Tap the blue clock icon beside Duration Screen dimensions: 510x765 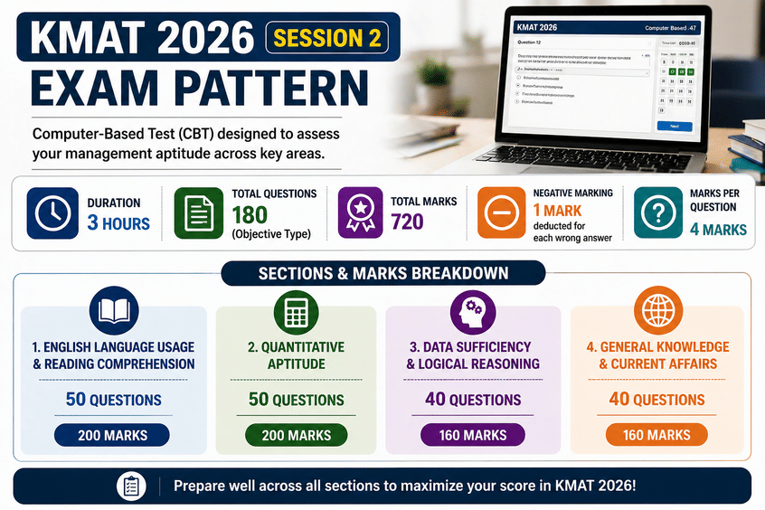(53, 212)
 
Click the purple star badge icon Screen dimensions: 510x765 (361, 212)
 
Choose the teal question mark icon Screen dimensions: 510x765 (657, 212)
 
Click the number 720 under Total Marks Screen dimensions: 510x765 (408, 221)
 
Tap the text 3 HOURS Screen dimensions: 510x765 (118, 222)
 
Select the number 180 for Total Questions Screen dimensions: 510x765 (250, 215)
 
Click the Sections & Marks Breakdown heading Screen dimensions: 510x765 (382, 273)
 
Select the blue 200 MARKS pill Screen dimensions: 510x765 (113, 435)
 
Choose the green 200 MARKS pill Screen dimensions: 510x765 (297, 435)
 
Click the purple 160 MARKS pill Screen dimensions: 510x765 (473, 435)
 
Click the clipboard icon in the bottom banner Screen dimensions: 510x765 (131, 486)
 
